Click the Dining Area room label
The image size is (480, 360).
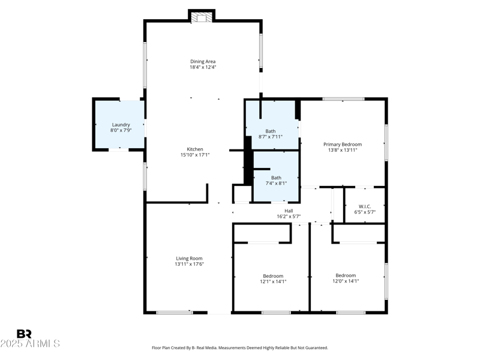pyautogui.click(x=203, y=61)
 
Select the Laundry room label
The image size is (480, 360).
pyautogui.click(x=121, y=125)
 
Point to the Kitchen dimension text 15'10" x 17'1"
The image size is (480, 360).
pyautogui.click(x=195, y=155)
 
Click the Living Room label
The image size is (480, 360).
pyautogui.click(x=189, y=259)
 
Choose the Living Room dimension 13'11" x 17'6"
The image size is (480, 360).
pyautogui.click(x=189, y=264)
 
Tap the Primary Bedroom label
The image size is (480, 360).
pyautogui.click(x=343, y=144)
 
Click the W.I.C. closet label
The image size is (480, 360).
pyautogui.click(x=365, y=206)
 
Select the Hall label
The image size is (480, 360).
pyautogui.click(x=289, y=211)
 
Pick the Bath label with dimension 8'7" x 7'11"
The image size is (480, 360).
pyautogui.click(x=270, y=131)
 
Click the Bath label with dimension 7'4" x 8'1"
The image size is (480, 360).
pyautogui.click(x=276, y=178)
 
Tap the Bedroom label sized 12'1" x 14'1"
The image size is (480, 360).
pyautogui.click(x=273, y=276)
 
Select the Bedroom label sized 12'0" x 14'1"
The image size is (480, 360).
pyautogui.click(x=346, y=276)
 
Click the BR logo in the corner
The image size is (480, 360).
pyautogui.click(x=24, y=334)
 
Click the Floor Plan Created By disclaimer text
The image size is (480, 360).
pyautogui.click(x=240, y=347)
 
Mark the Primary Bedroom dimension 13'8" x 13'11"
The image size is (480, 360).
pyautogui.click(x=343, y=150)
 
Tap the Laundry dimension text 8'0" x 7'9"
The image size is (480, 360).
pyautogui.click(x=121, y=130)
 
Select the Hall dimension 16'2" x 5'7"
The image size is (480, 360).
pyautogui.click(x=289, y=216)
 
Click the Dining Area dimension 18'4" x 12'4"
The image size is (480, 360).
pyautogui.click(x=203, y=67)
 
